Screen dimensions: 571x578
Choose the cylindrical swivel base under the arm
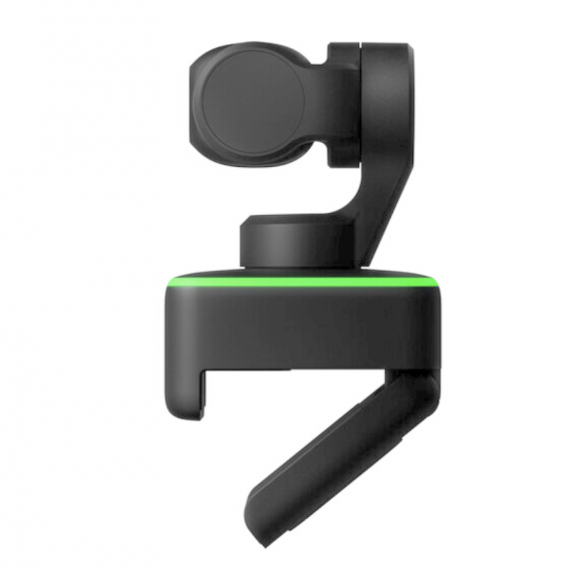click(289, 241)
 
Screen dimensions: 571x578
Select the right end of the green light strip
click(435, 284)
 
